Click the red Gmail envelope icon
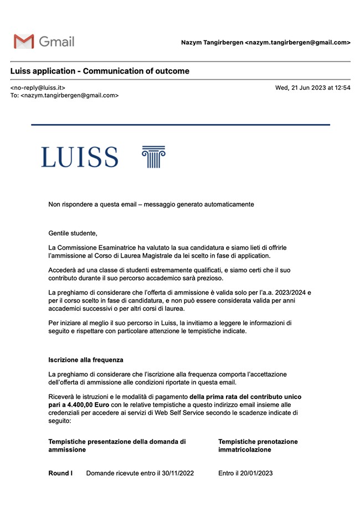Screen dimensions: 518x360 [24, 42]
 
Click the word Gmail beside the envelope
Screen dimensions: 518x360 [56, 42]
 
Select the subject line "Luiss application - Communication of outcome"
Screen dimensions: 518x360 [100, 71]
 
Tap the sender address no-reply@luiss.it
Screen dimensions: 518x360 [38, 88]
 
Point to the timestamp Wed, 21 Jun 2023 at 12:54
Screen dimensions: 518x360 [312, 88]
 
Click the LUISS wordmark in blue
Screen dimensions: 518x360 [79, 157]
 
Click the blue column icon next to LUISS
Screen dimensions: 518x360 [153, 157]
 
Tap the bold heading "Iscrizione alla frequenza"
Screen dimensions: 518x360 [86, 360]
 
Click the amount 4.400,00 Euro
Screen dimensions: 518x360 [71, 405]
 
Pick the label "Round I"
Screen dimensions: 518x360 [60, 473]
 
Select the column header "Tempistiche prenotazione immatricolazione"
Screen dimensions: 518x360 [258, 445]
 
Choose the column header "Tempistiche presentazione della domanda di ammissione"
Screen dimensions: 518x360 [117, 445]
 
